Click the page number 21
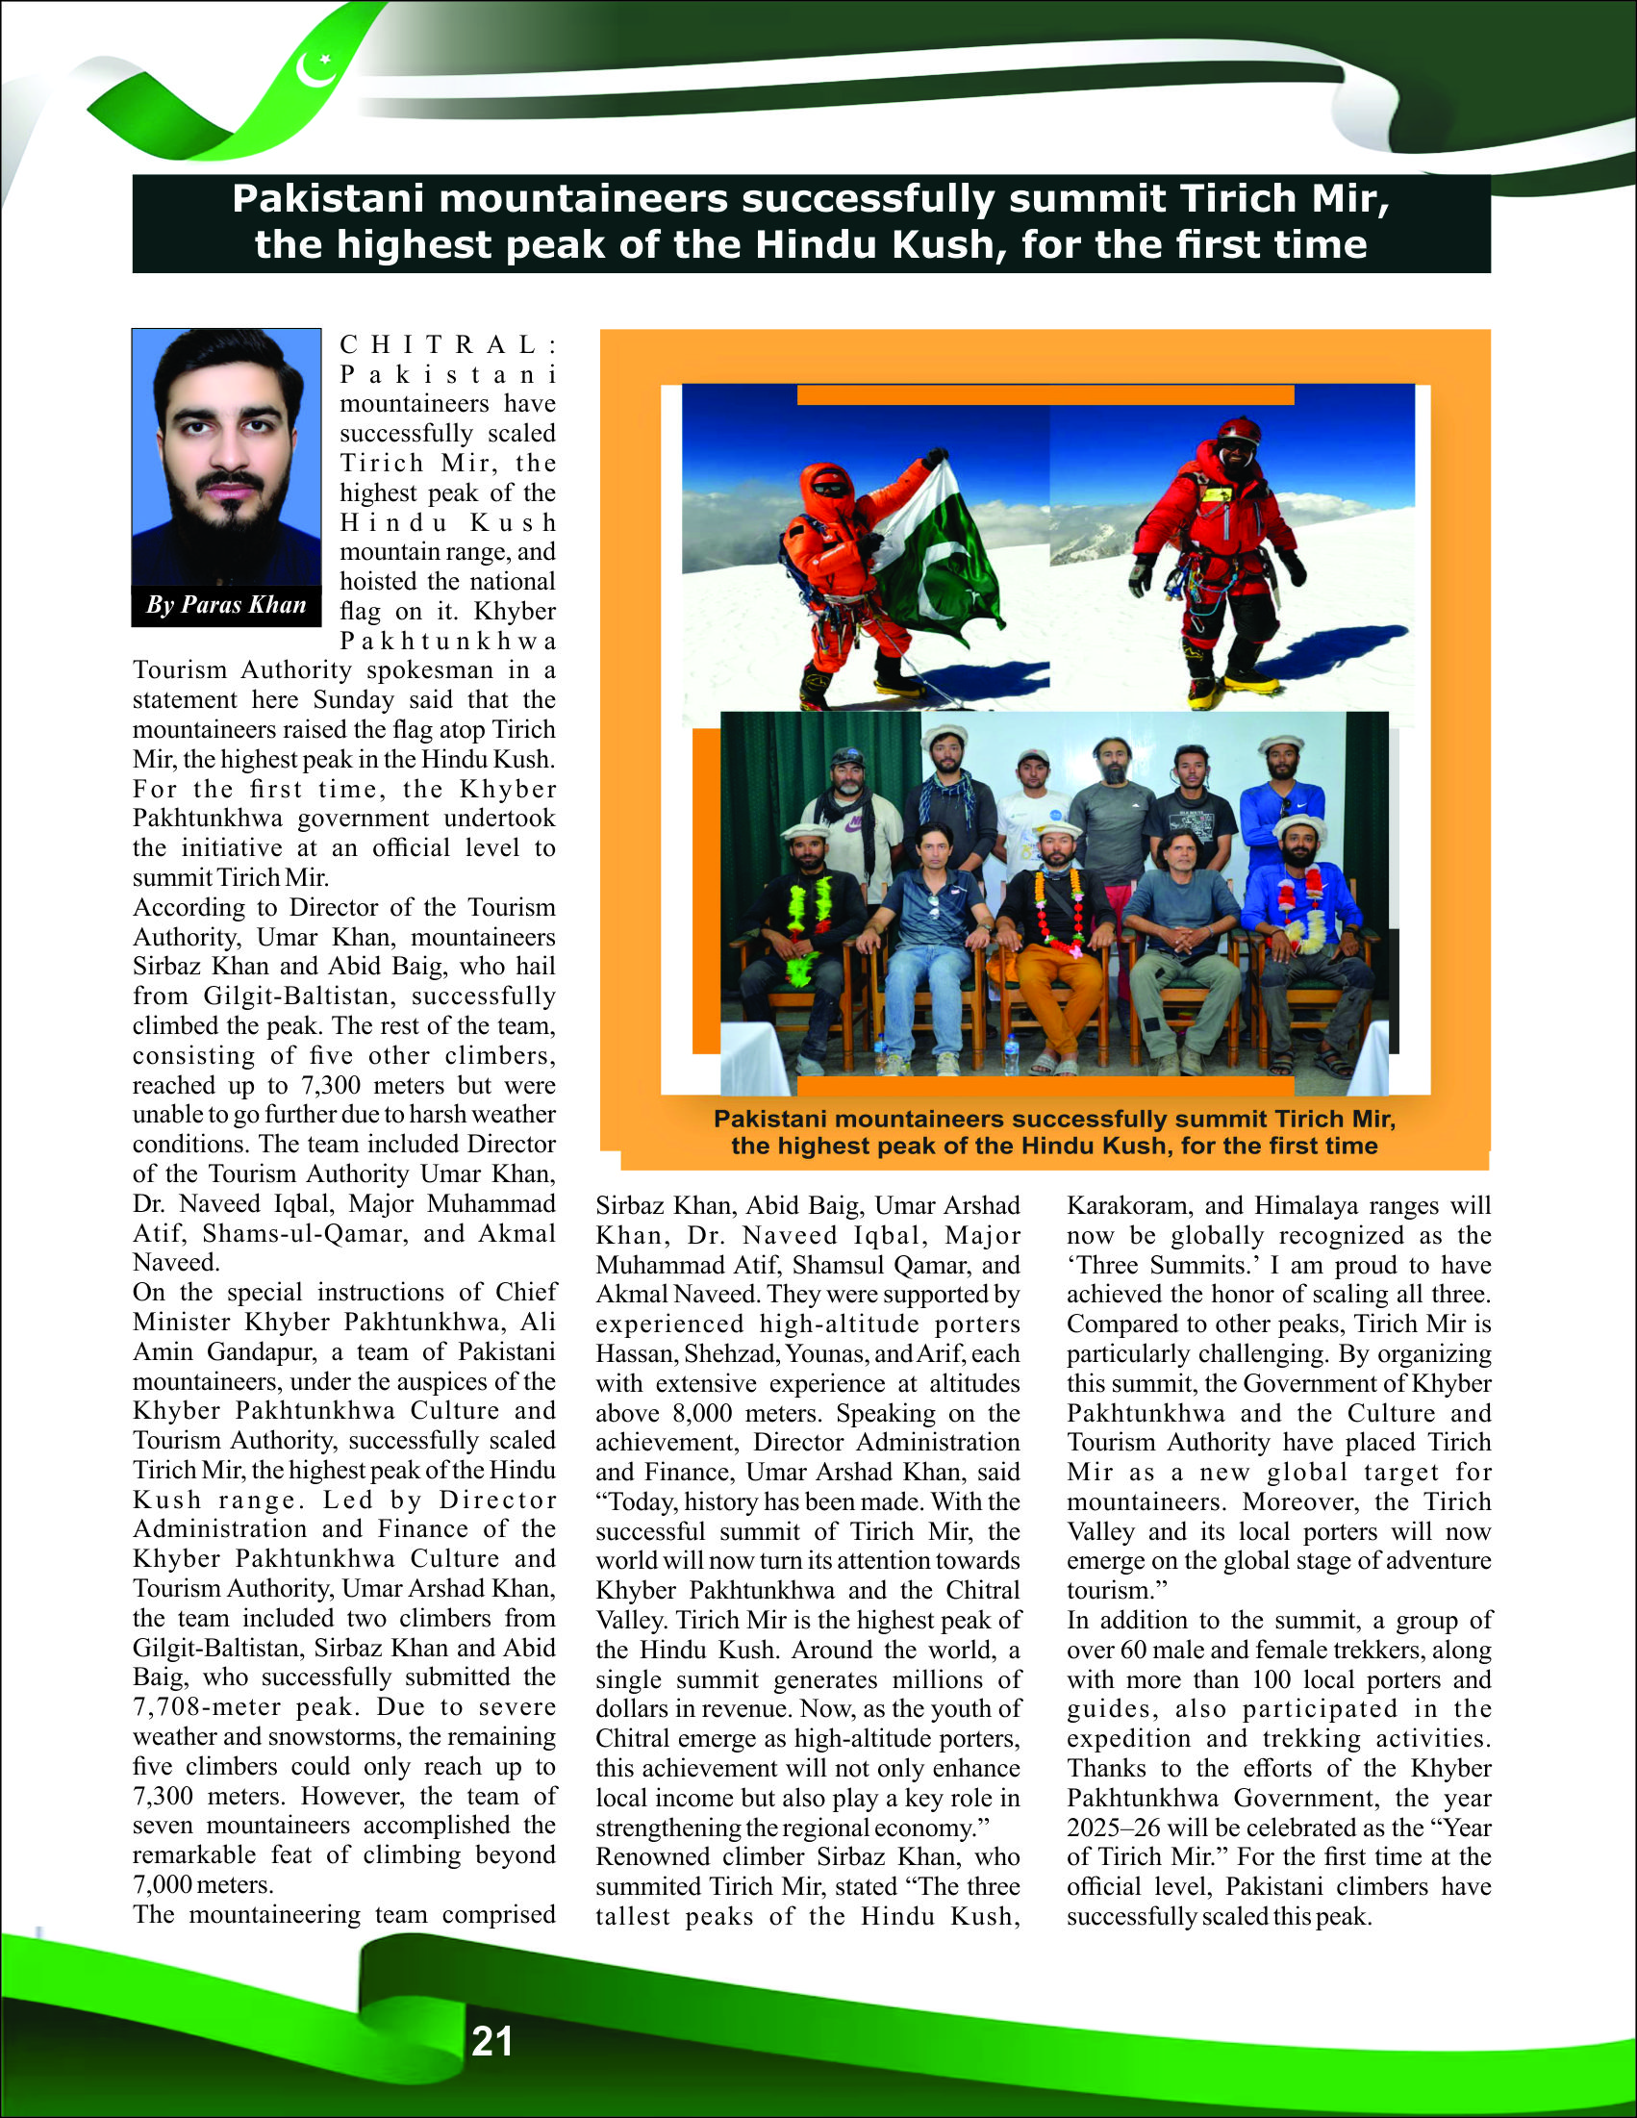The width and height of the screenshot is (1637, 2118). pos(491,2040)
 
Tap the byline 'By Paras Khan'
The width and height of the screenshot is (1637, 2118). pos(226,605)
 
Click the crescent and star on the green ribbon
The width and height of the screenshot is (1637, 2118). pos(316,68)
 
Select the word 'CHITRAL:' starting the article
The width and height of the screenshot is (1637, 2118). pos(448,344)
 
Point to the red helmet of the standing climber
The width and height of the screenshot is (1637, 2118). pos(1238,431)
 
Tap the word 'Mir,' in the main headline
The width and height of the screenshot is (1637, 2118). pos(1351,199)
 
